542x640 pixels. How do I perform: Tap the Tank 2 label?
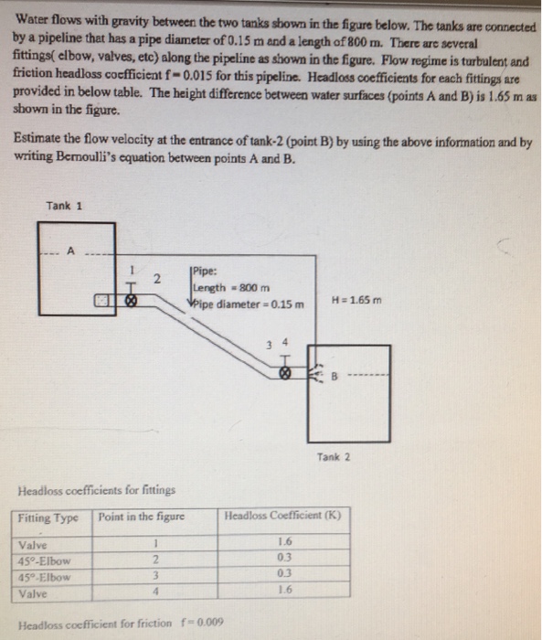click(x=335, y=456)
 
